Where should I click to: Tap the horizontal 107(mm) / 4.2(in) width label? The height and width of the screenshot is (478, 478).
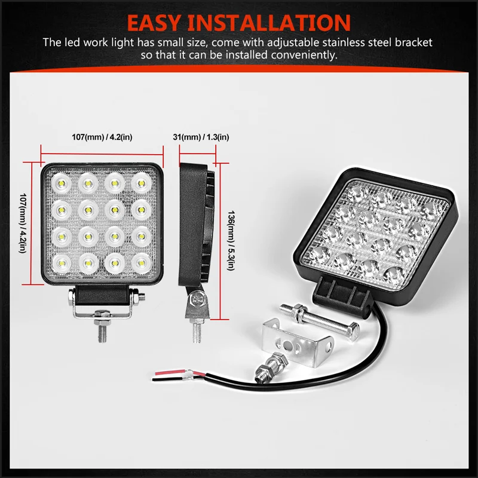pyautogui.click(x=102, y=137)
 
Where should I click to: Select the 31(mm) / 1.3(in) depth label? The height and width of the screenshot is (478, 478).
pyautogui.click(x=200, y=137)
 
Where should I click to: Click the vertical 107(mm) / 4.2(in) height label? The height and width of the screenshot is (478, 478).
pyautogui.click(x=24, y=221)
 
